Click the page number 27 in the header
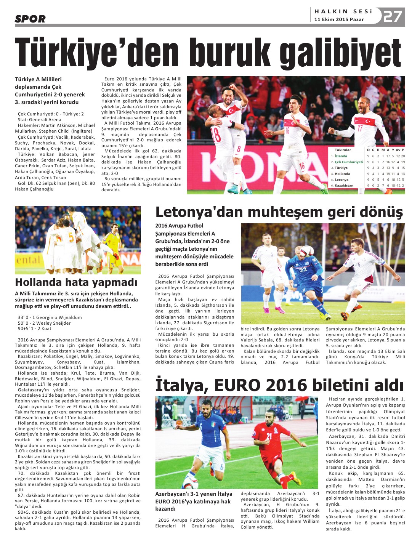coord(393,16)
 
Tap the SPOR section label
coord(30,19)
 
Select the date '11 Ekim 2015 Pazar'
coord(339,19)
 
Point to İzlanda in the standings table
coord(341,156)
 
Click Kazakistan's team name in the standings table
coord(344,186)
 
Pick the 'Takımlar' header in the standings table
coord(343,150)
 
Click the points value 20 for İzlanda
coord(403,156)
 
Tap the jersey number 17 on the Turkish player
coord(359,128)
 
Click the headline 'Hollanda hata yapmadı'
coord(76,282)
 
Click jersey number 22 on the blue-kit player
coord(303,270)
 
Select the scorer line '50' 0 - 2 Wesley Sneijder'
coord(44,323)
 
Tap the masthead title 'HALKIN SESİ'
coord(343,11)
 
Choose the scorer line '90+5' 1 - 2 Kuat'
coord(35,328)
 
